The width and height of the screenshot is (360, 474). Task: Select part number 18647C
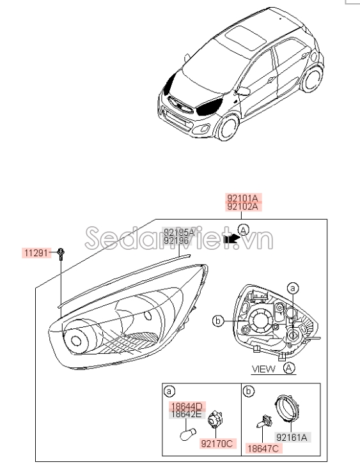(x=262, y=449)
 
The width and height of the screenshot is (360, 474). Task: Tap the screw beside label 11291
(x=59, y=253)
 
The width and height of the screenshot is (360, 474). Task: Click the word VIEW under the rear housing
(x=263, y=369)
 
